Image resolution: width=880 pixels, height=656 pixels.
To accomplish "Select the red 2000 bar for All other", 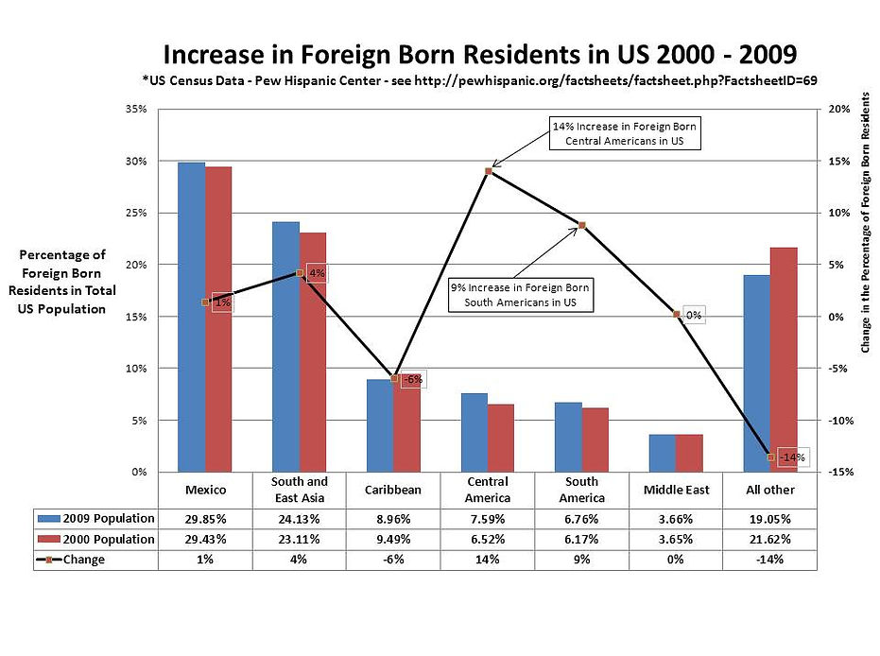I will (785, 359).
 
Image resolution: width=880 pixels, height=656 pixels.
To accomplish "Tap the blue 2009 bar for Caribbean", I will (380, 425).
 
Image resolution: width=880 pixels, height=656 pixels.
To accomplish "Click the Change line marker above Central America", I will (489, 171).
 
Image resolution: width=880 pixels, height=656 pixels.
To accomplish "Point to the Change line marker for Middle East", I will (677, 314).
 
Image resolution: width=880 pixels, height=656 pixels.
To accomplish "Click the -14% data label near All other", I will (790, 457).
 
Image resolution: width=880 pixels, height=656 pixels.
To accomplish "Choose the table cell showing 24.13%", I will (300, 518).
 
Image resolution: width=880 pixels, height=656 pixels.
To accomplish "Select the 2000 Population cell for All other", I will (770, 539).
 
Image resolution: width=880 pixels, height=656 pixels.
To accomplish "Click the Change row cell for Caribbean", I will (393, 559).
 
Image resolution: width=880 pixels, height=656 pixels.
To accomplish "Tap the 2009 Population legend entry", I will (95, 518).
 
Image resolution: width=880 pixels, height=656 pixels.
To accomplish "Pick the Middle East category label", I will (676, 490).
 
